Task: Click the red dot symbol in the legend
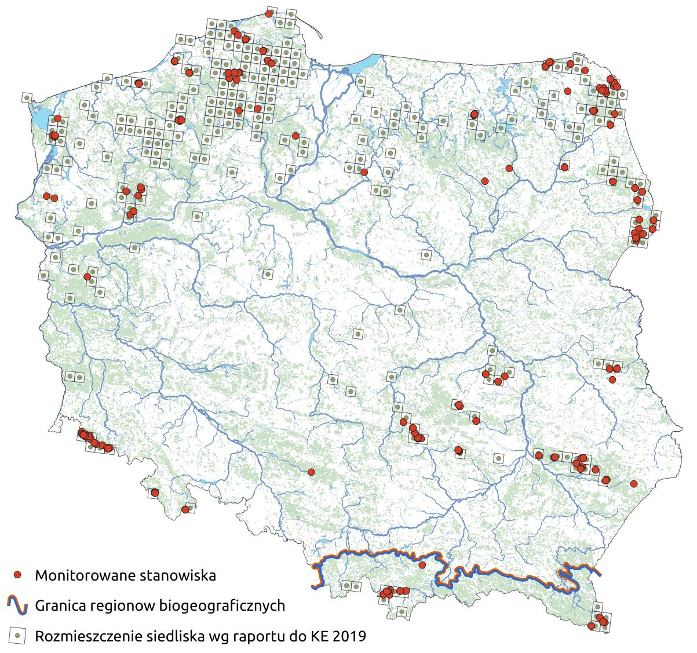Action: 18,575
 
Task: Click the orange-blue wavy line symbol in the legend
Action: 18,606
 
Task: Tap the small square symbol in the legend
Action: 18,636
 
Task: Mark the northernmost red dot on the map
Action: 269,13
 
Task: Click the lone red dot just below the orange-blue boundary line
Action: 422,565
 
